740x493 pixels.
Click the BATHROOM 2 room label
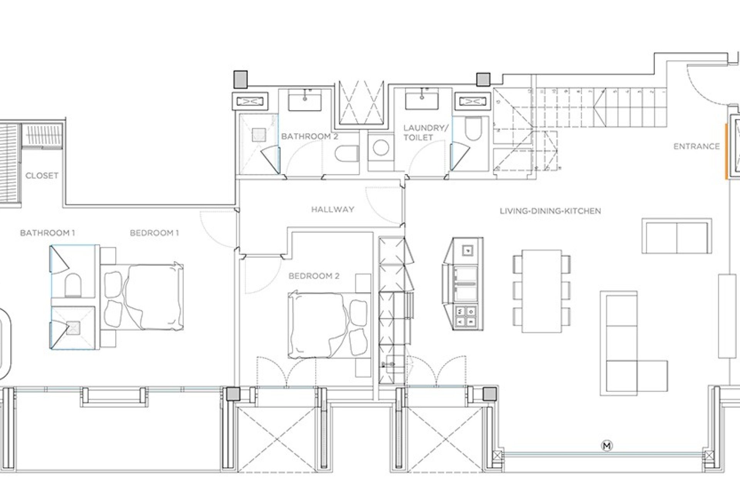click(x=309, y=136)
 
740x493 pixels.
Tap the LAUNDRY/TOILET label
click(x=425, y=132)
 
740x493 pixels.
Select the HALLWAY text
click(x=333, y=210)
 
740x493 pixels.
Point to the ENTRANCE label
click(x=696, y=146)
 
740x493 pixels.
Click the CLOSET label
click(x=42, y=176)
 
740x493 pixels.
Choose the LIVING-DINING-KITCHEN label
click(x=550, y=211)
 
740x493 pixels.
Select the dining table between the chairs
click(x=542, y=291)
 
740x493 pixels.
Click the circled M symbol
click(x=607, y=446)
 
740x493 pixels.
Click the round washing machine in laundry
click(x=381, y=148)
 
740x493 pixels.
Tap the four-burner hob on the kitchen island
click(x=466, y=316)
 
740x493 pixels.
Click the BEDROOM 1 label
click(x=154, y=233)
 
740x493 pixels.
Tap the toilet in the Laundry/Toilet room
click(x=473, y=129)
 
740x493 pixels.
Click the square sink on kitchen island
click(x=468, y=250)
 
